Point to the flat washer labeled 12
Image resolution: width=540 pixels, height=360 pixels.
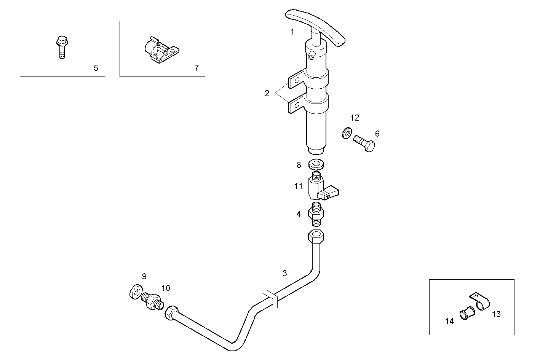347,133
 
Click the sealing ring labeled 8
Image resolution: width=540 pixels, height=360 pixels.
316,164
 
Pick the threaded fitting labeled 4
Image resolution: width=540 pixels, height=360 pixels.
316,215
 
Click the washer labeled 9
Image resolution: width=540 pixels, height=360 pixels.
136,292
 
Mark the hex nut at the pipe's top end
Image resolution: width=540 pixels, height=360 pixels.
316,238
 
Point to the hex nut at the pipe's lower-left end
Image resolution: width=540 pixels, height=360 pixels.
172,313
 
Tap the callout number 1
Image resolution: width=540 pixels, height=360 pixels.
292,32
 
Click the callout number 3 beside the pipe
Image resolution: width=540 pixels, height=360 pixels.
284,273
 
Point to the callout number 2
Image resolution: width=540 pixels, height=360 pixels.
267,93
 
